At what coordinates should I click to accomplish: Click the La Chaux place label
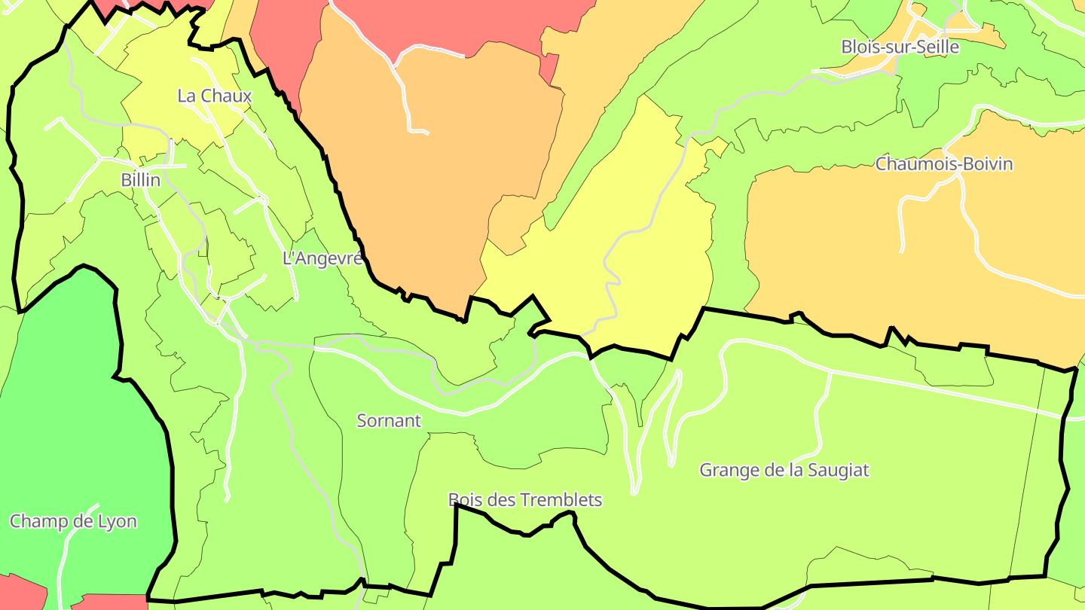[215, 96]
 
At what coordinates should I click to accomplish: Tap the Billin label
[140, 180]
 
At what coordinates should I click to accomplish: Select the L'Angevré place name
[322, 258]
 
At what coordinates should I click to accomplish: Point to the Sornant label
[389, 420]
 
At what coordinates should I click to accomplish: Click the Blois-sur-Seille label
[900, 47]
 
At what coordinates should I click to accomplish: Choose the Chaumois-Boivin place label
[943, 163]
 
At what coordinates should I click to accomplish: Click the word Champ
[36, 521]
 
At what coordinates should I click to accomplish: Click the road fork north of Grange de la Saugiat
[830, 371]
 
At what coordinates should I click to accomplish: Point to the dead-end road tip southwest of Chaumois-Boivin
[902, 251]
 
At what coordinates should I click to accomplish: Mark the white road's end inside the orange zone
[427, 133]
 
